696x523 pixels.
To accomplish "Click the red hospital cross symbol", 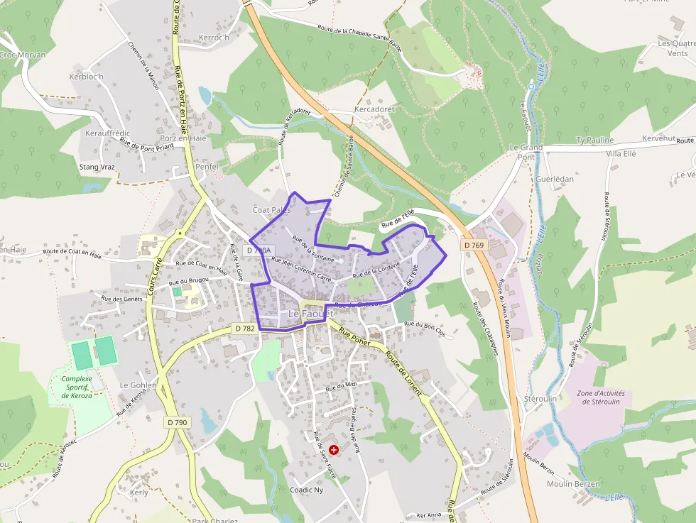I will point(334,449).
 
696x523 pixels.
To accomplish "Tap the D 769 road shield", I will point(474,245).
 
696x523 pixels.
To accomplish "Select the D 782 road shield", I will point(244,328).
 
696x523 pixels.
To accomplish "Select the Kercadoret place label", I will point(374,109).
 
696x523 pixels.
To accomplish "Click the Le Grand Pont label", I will point(526,152).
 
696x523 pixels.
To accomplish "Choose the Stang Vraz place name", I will point(97,167).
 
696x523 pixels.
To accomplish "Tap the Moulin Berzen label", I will point(573,484).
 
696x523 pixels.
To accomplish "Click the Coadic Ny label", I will point(307,490).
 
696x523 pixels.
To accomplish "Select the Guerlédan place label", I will point(555,179).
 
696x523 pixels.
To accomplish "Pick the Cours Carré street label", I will point(156,275).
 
